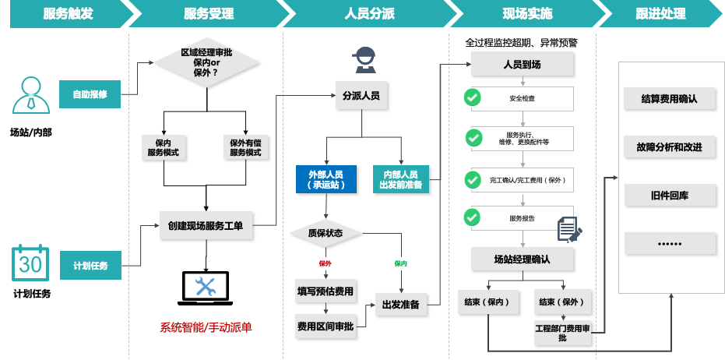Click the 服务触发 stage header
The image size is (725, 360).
(x=65, y=14)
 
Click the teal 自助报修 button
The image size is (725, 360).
(x=90, y=94)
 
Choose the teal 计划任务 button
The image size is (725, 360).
(x=90, y=266)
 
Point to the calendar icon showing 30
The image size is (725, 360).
(x=30, y=263)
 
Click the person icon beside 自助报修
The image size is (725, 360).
(x=30, y=94)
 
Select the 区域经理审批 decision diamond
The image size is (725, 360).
(x=206, y=62)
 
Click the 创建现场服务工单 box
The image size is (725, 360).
(x=206, y=226)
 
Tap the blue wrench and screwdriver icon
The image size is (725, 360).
(x=206, y=287)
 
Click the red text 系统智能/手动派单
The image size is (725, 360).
(x=206, y=327)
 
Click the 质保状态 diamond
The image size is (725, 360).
(x=326, y=233)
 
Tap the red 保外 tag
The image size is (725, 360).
(x=326, y=263)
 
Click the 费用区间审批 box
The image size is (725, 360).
(x=326, y=326)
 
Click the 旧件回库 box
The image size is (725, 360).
(x=670, y=196)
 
